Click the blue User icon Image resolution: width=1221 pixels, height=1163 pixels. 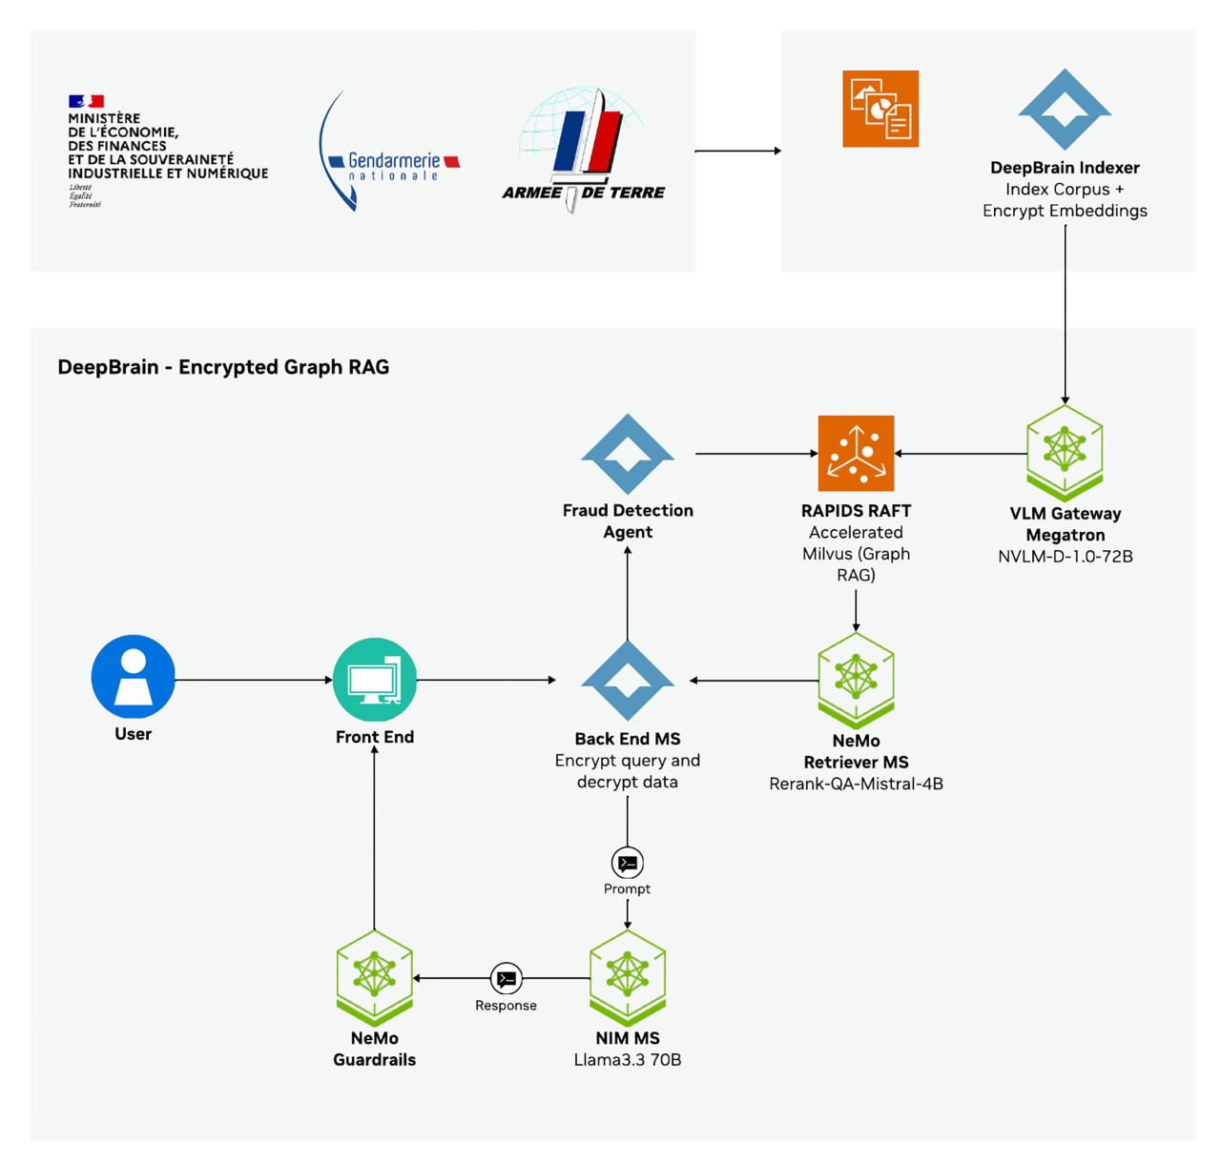coord(133,676)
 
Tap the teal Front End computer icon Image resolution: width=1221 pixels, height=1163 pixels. coord(374,680)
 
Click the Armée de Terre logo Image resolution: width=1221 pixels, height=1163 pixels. coord(584,150)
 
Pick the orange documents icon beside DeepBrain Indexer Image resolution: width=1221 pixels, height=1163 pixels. coord(880,109)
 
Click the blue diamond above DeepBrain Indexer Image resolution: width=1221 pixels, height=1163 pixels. coord(1065,109)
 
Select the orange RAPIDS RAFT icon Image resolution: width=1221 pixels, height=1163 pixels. coord(856,453)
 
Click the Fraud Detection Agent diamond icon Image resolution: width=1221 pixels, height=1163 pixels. coord(628,454)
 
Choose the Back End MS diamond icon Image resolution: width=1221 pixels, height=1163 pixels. coord(628,680)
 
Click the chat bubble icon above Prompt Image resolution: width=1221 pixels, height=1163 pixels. coord(627,863)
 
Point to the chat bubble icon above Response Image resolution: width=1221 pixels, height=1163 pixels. coord(506,978)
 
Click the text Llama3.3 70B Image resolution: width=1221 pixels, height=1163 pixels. coord(627,1060)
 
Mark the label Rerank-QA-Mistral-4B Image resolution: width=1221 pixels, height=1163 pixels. coord(856,784)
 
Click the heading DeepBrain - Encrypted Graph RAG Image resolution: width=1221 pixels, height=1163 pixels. coord(223,367)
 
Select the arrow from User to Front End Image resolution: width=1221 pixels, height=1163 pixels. coord(253,680)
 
